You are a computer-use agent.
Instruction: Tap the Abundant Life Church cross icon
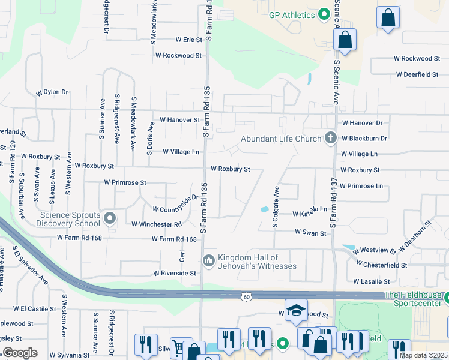330,138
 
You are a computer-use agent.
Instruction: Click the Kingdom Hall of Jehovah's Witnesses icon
209,260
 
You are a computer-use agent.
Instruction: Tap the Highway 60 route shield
247,296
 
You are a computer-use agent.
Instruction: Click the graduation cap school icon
296,310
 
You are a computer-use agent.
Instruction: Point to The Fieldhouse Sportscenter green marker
447,296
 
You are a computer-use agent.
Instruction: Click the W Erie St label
189,40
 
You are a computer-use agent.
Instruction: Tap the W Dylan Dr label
52,92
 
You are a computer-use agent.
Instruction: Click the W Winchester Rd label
156,224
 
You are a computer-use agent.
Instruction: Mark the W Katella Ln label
309,214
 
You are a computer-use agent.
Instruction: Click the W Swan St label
310,232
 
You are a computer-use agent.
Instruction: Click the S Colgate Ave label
276,206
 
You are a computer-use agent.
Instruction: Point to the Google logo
20,353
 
